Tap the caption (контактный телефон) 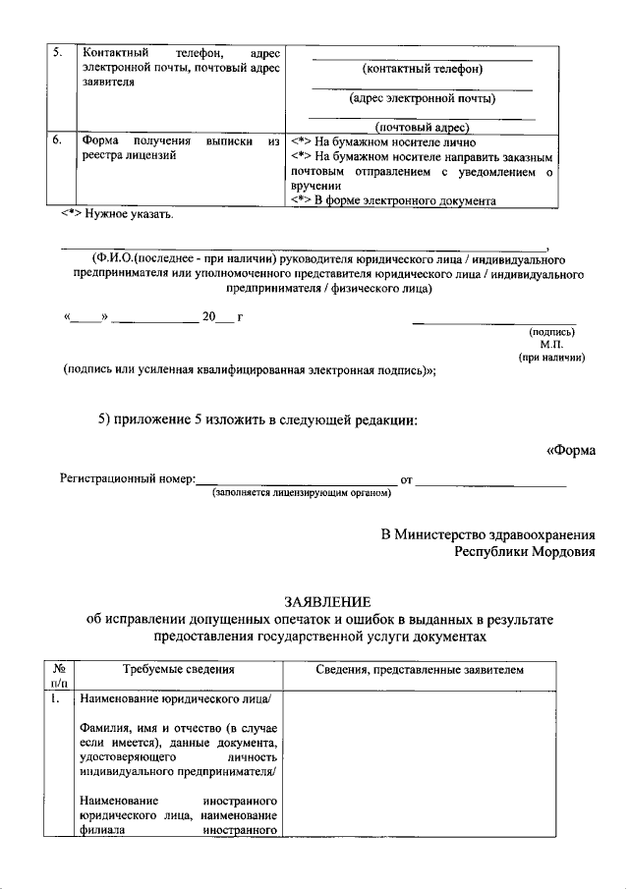pyautogui.click(x=422, y=69)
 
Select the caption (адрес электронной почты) pyautogui.click(x=423, y=98)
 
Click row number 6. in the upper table pyautogui.click(x=58, y=140)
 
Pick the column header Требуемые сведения pyautogui.click(x=178, y=670)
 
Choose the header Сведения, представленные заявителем pyautogui.click(x=422, y=670)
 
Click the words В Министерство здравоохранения pyautogui.click(x=488, y=534)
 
